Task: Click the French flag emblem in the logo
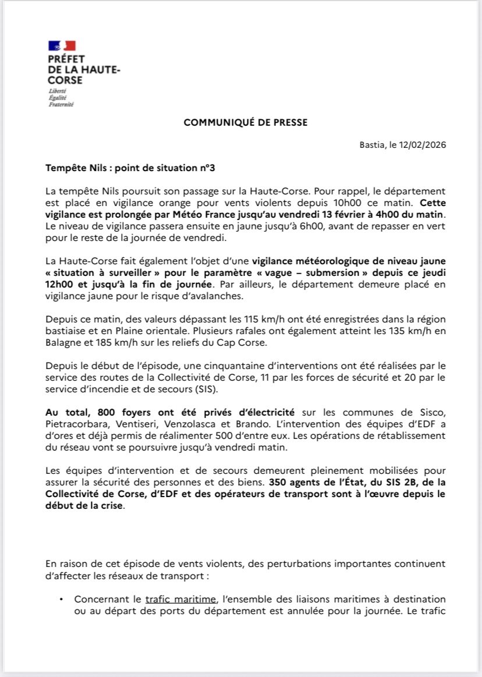[x=62, y=45]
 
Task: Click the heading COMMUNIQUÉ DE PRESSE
[x=246, y=122]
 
